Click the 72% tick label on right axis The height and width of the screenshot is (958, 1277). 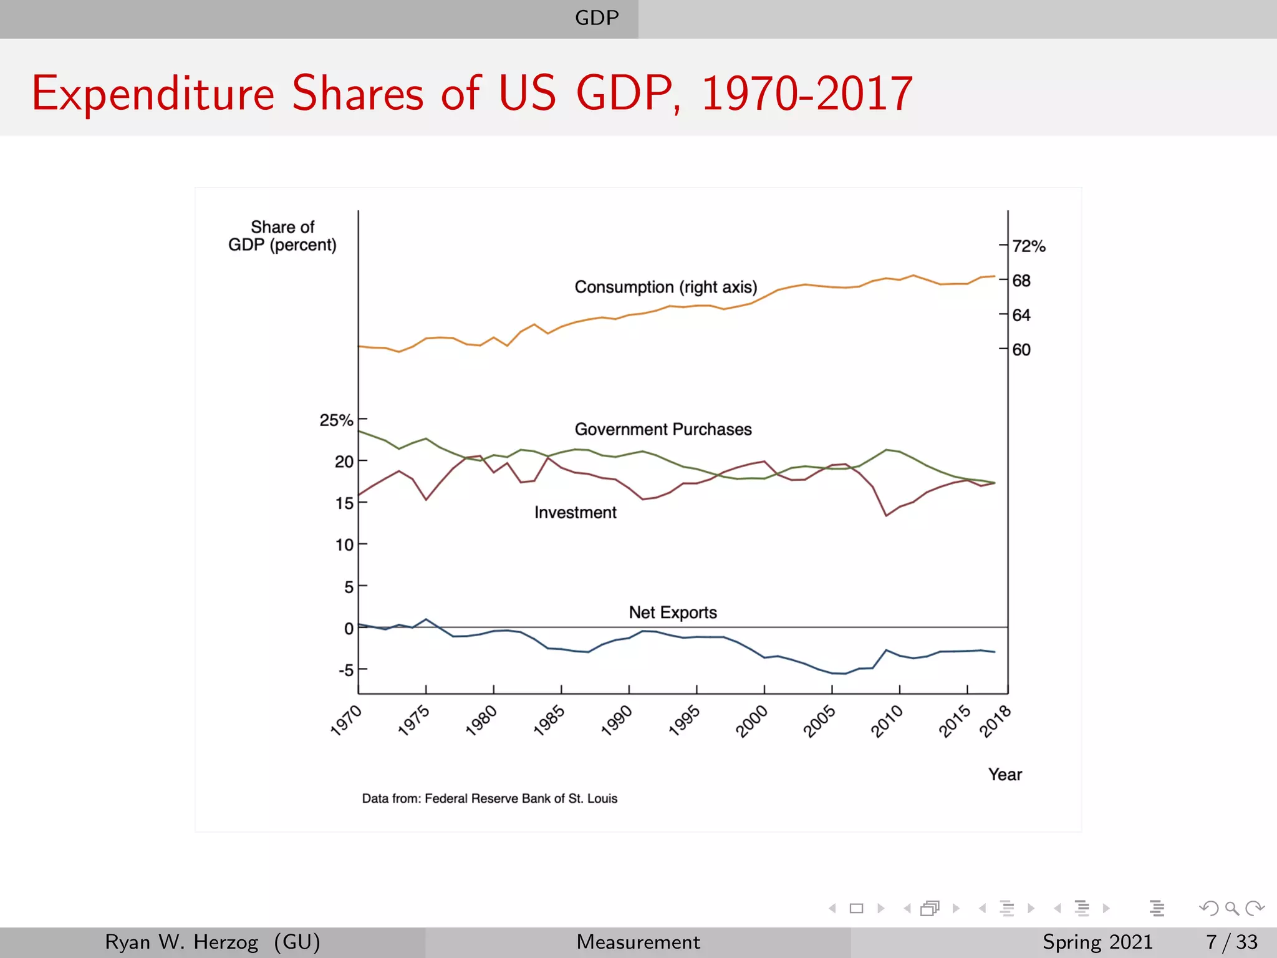point(1028,246)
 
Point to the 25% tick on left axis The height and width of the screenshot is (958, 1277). point(336,420)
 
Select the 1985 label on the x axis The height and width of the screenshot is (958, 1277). point(549,721)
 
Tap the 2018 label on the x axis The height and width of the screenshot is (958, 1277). point(995,721)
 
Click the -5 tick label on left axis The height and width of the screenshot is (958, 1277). point(345,670)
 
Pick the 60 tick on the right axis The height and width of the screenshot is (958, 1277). point(1021,349)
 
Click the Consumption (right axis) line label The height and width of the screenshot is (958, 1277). point(665,287)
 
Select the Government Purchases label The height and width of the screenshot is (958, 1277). point(663,429)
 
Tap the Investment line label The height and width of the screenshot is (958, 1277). point(575,513)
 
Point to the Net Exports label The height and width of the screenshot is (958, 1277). point(672,612)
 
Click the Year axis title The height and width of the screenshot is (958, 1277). point(1005,775)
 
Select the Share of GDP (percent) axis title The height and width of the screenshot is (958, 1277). point(282,236)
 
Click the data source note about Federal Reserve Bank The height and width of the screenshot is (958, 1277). point(489,798)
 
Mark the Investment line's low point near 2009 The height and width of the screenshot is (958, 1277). point(886,515)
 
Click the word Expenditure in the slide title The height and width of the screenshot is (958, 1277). point(153,94)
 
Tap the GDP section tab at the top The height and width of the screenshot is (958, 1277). point(597,17)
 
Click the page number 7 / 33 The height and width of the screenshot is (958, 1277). point(1231,942)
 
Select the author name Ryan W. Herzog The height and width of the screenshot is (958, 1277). point(181,942)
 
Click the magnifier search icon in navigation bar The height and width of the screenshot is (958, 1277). point(1231,908)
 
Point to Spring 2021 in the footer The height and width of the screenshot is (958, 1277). point(1097,942)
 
